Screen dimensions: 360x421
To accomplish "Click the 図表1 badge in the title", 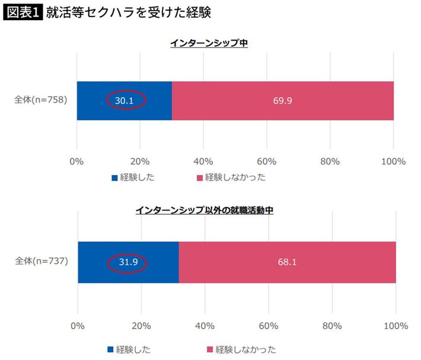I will pos(22,12).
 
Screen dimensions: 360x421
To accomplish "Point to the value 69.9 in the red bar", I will pos(282,100).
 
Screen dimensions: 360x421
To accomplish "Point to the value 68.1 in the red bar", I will pos(287,263).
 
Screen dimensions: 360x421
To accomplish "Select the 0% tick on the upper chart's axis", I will pos(76,161).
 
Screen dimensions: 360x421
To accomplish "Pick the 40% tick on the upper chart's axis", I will pos(203,161).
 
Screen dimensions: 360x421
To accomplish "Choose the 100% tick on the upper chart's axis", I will pos(393,161).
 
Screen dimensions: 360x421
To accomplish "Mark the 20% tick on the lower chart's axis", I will pos(141,326).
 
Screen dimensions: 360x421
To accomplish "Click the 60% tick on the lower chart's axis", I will pos(269,326).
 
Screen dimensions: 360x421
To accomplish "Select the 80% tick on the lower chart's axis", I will pos(332,326).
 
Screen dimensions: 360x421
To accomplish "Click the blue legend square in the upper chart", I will pos(114,177).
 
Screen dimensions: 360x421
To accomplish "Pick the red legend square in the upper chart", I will pos(200,177).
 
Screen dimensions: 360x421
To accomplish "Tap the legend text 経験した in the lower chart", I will pos(133,349).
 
